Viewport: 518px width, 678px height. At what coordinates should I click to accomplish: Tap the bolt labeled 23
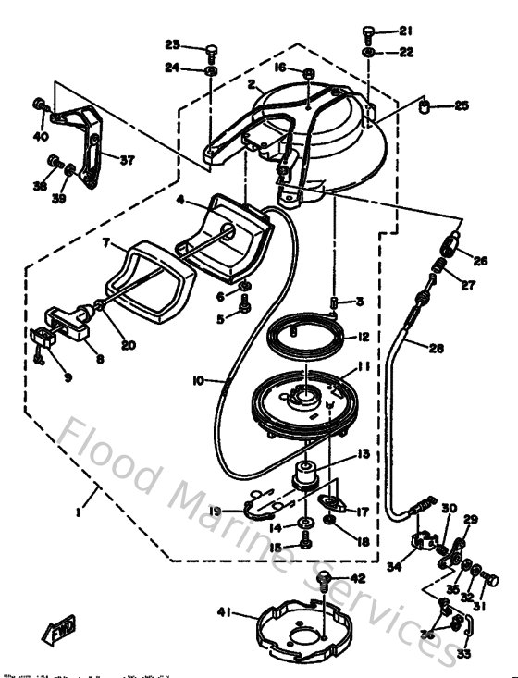point(212,48)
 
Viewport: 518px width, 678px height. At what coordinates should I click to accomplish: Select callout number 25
point(462,106)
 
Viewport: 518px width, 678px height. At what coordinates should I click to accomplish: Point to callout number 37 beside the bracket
point(127,159)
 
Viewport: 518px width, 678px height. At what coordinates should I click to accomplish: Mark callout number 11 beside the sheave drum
point(364,367)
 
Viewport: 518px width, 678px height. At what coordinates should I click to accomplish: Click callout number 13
point(363,453)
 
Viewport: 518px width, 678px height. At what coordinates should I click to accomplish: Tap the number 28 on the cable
point(436,348)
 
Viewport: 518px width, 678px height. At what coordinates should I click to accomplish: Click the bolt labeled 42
point(325,580)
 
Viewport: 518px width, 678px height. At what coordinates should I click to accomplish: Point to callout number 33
point(462,654)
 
